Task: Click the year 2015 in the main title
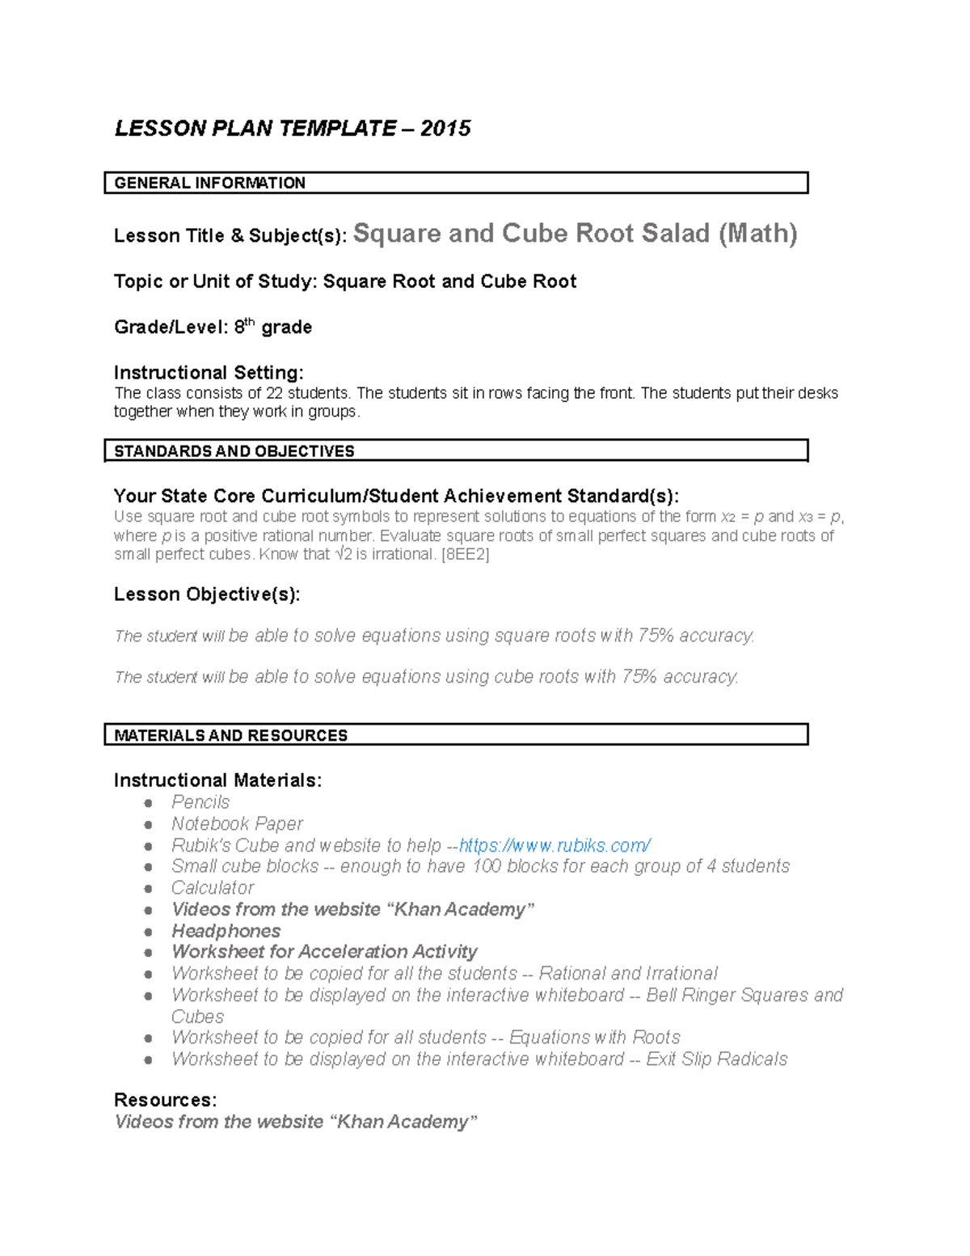coord(445,129)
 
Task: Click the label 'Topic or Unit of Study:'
coord(216,281)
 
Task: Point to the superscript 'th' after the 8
coord(250,322)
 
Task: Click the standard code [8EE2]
coord(465,555)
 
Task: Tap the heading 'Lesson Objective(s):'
coord(207,594)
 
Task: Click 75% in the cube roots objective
coord(639,677)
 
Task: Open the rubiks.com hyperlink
coord(555,845)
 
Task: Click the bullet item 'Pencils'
coord(200,802)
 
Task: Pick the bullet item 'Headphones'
coord(226,931)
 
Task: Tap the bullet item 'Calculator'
coord(213,888)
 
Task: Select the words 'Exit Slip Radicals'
coord(716,1059)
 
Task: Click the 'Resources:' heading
coord(165,1100)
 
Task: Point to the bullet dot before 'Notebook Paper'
coord(148,824)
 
